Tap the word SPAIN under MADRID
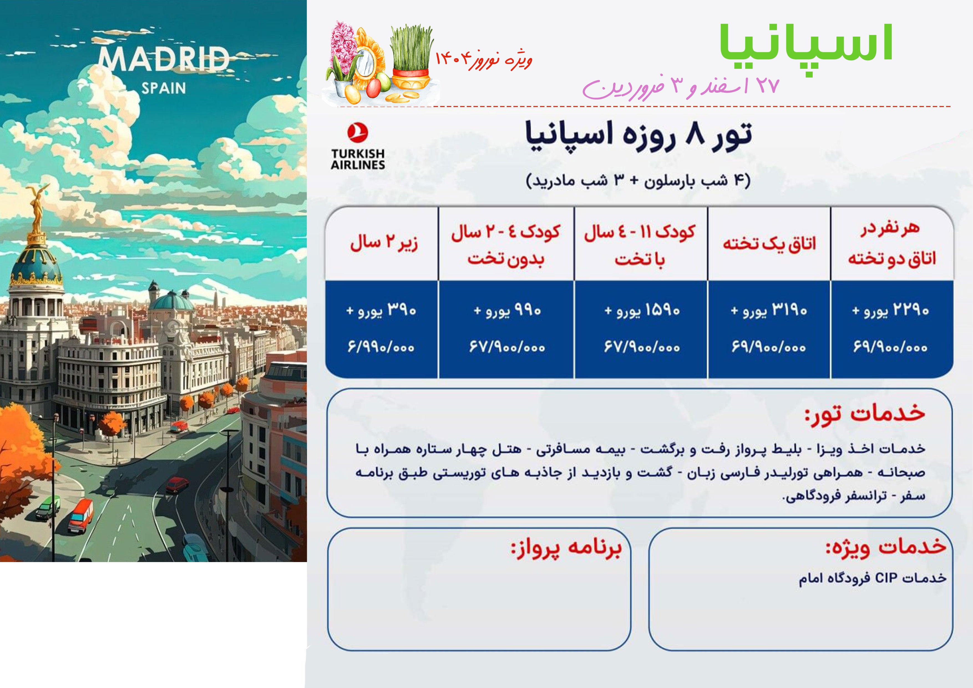click(164, 88)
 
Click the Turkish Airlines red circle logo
click(358, 132)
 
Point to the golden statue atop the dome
click(36, 210)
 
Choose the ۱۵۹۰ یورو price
click(642, 310)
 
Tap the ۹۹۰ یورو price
click(507, 310)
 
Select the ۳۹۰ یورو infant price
click(381, 310)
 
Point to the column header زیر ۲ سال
click(384, 243)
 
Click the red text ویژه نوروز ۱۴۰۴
click(483, 60)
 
